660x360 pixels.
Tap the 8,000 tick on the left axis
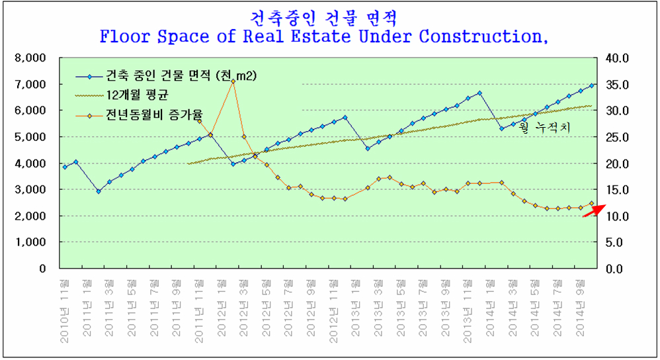tap(31, 58)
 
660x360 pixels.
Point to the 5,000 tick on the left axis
tap(31, 137)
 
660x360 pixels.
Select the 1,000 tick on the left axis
tap(31, 242)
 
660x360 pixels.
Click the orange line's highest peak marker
tap(233, 81)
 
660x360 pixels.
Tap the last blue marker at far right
tap(592, 85)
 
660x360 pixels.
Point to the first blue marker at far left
tap(65, 167)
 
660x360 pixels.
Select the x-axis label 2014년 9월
tap(580, 309)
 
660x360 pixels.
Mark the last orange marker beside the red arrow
tap(592, 204)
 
